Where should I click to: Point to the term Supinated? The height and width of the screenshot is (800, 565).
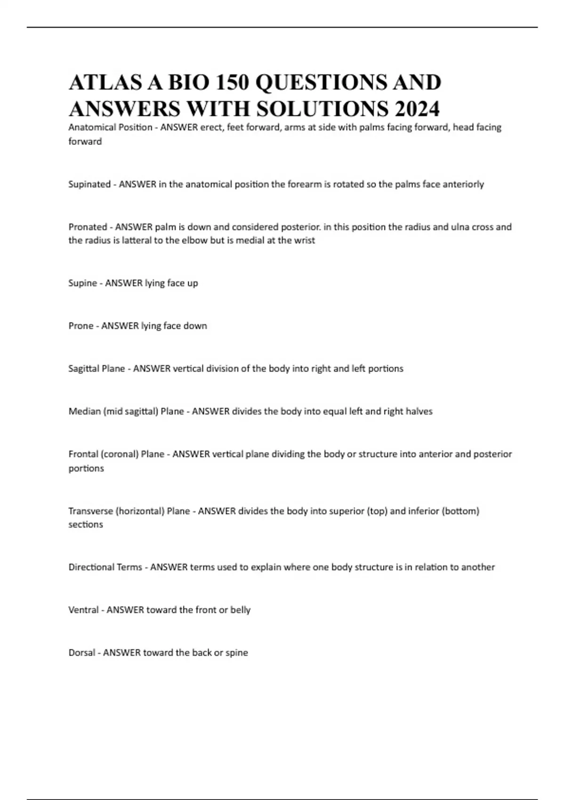(x=89, y=184)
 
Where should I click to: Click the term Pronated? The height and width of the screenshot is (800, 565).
(x=88, y=227)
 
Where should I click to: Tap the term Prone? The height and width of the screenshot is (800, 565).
(x=81, y=326)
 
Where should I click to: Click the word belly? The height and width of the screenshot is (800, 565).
(x=240, y=610)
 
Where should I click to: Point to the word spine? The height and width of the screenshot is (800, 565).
(x=237, y=653)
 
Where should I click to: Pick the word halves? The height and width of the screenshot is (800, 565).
(x=419, y=411)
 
